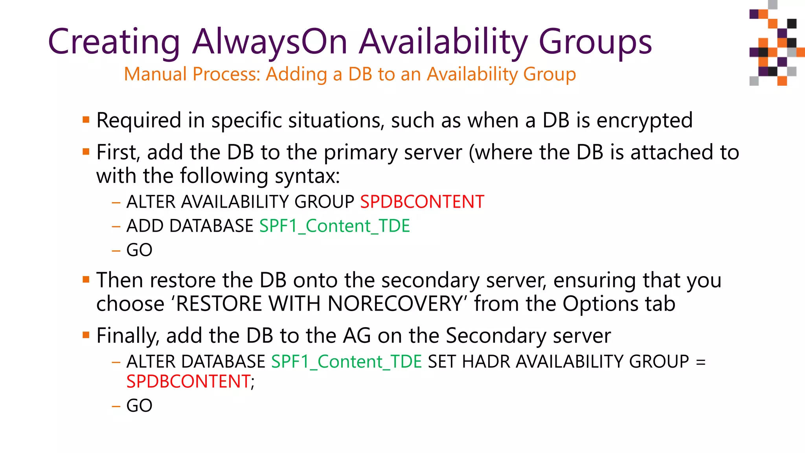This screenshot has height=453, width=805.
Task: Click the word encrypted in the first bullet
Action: coord(644,120)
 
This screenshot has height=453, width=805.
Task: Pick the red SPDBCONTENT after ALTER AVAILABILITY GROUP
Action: coord(422,202)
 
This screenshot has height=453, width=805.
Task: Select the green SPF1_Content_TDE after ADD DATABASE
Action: coord(334,226)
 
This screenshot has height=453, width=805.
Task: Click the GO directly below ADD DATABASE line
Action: coord(139,250)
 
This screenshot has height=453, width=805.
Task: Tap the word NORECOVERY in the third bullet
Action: coord(397,304)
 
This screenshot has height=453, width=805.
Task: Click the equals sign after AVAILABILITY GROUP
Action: coord(700,362)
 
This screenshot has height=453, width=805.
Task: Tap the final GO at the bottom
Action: coord(139,406)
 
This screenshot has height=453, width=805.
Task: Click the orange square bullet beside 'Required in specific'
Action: coord(86,120)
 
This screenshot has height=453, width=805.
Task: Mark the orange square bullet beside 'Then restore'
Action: coord(86,280)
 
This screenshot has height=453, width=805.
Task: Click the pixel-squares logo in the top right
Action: coord(776,43)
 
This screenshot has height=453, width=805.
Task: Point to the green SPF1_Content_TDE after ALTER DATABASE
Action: coord(346,362)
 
